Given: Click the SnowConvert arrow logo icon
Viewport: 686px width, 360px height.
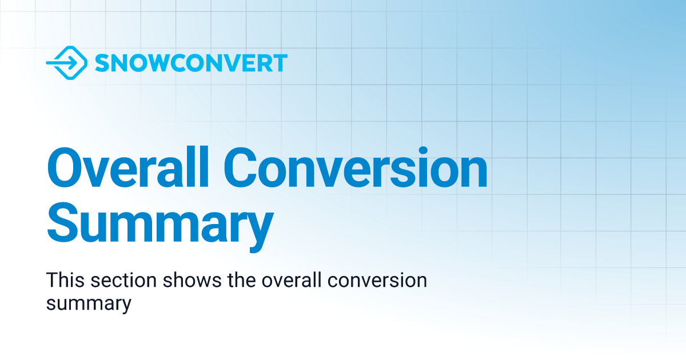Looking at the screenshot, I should click(66, 62).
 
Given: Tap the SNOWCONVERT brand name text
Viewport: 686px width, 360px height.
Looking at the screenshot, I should click(190, 63).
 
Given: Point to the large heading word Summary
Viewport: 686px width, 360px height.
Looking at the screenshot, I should click(160, 225).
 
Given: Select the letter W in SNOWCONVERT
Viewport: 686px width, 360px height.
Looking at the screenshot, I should click(162, 63).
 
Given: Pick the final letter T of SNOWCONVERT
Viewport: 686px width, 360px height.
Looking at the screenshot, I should click(279, 63).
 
